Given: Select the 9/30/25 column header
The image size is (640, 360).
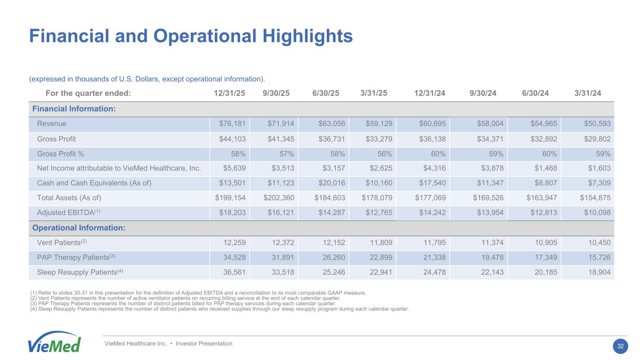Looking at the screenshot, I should pos(276,93).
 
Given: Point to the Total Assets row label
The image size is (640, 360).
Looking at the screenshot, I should pos(69,197).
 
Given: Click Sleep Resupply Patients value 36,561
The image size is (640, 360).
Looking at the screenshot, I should pos(232,272).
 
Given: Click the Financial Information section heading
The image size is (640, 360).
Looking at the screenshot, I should pos(74,109).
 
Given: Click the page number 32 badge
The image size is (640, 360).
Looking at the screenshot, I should pos(620,346).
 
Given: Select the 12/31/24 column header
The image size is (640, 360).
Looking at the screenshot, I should pos(430,93).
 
